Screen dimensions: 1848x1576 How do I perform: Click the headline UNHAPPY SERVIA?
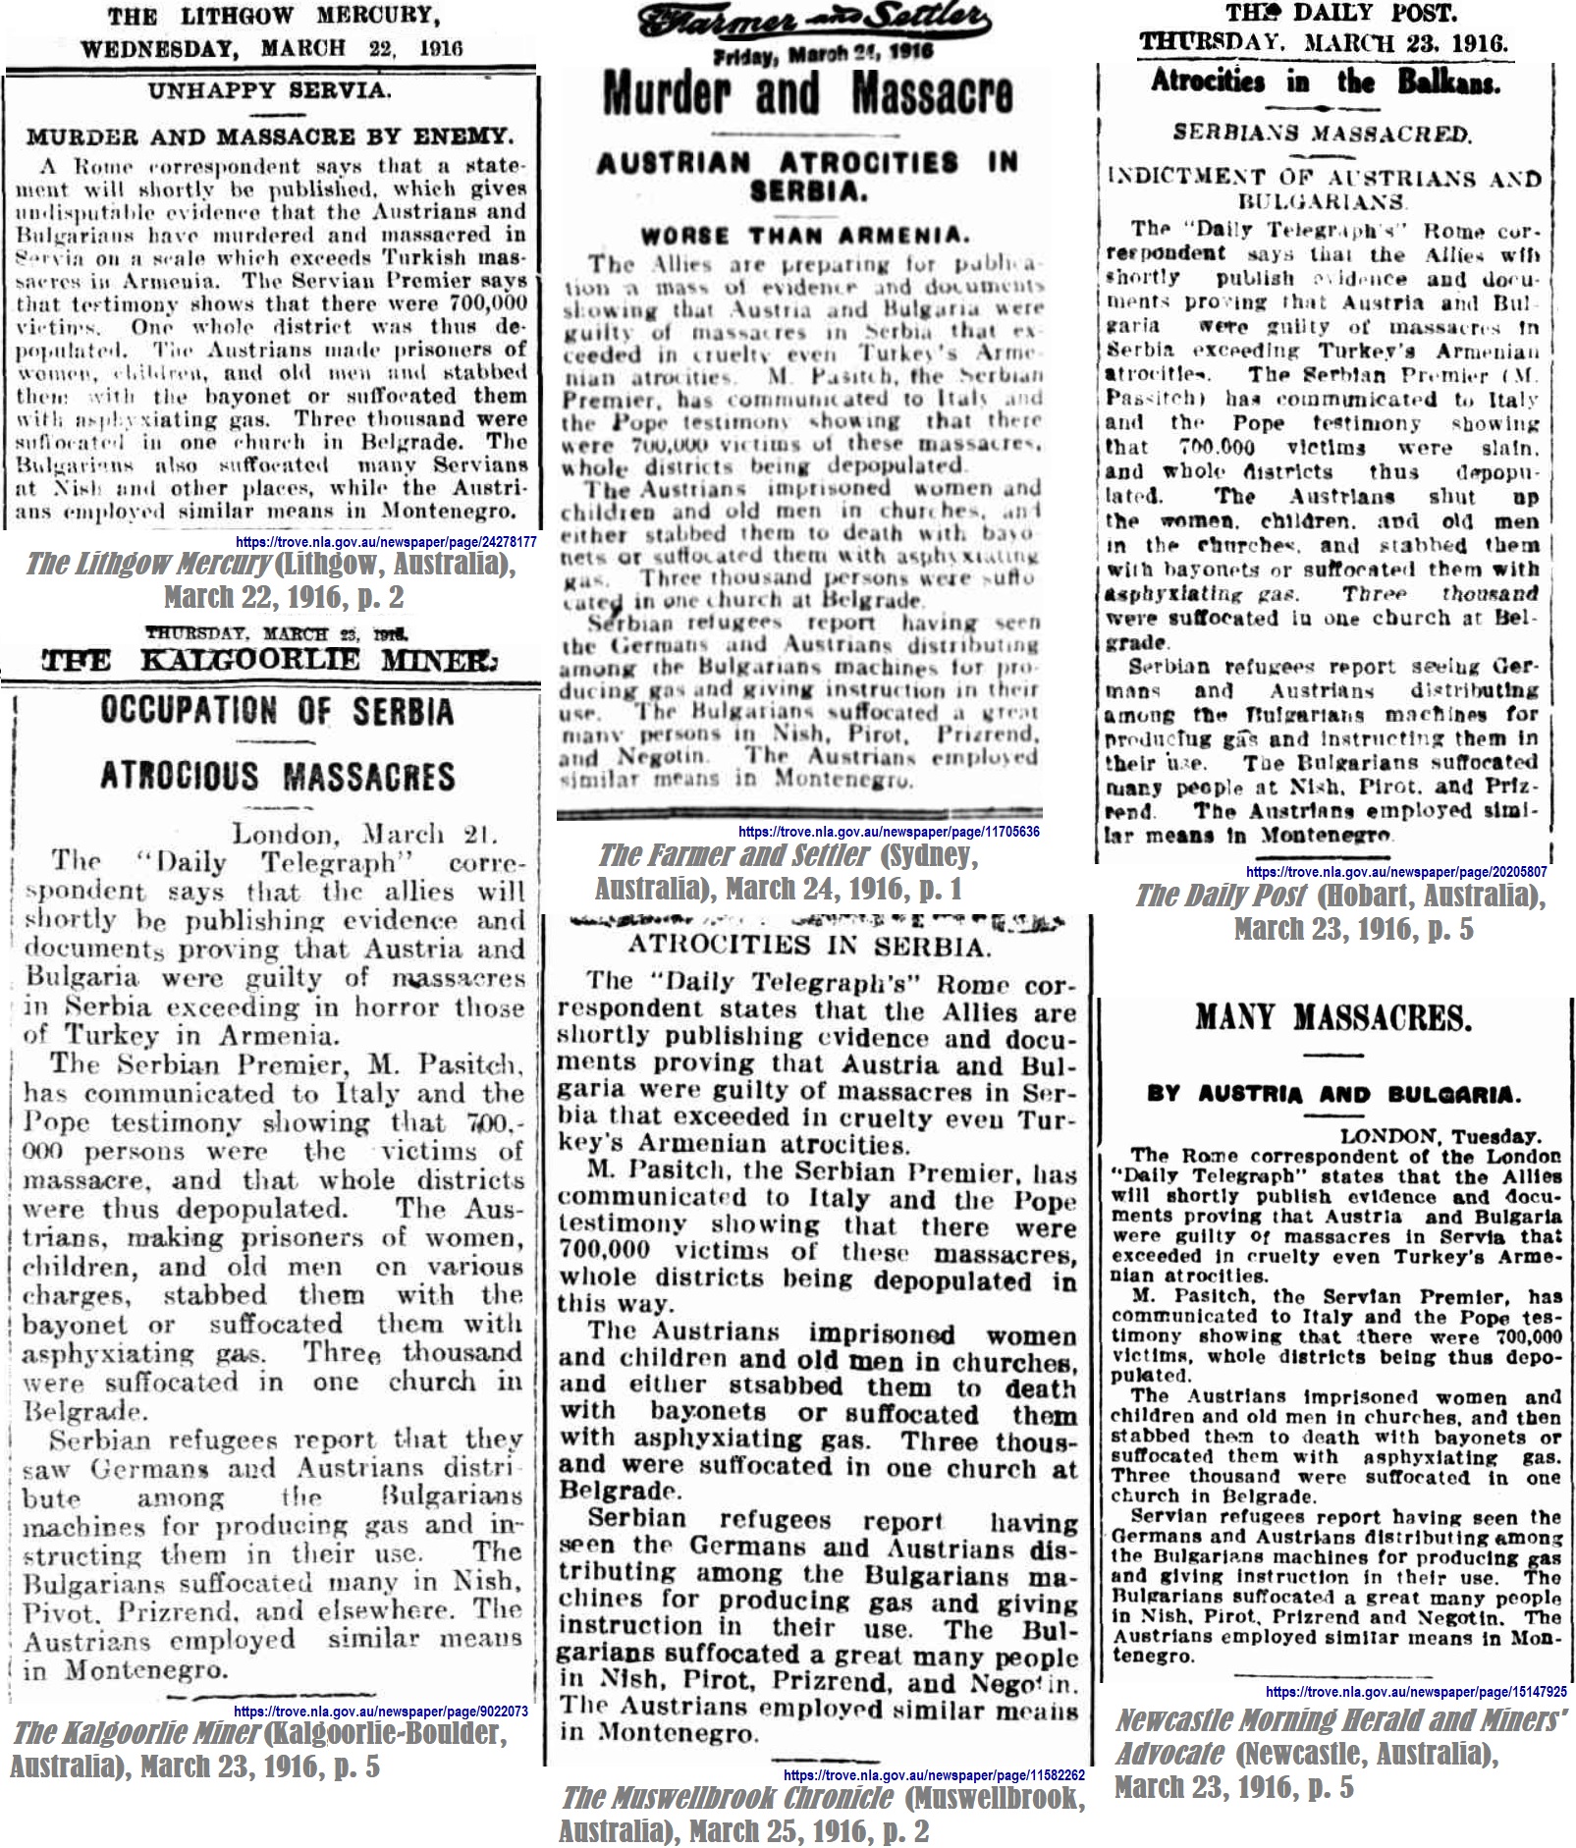269,91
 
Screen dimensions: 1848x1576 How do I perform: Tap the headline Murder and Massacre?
806,95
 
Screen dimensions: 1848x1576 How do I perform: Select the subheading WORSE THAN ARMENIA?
804,236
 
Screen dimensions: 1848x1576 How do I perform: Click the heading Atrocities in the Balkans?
1325,82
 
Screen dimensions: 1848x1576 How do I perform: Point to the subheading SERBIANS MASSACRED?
1322,133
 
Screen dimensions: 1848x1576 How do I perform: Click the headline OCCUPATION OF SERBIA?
277,712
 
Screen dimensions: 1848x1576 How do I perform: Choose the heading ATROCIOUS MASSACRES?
277,777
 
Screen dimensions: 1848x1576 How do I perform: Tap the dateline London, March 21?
364,835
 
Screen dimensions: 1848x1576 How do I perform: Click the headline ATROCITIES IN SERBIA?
809,947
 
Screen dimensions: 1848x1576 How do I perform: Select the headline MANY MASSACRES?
1332,1017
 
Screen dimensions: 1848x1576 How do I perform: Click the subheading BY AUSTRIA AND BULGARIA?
1333,1094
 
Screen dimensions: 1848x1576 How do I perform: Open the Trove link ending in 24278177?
386,542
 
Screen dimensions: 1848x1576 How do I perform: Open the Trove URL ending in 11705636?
889,832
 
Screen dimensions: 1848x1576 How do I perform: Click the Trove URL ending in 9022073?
381,1711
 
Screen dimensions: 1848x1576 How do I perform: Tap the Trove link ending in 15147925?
1416,1691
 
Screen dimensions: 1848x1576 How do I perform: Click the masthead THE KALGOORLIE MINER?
269,660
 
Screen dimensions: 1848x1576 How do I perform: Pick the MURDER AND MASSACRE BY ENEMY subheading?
269,136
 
